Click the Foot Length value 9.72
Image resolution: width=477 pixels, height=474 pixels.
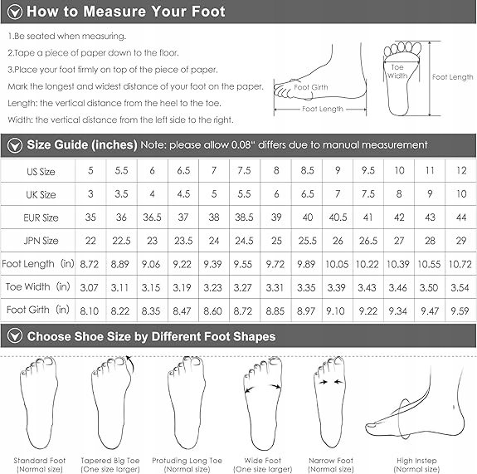click(275, 264)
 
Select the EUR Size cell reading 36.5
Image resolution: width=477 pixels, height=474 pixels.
click(152, 217)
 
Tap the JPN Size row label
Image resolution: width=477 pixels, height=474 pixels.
click(41, 241)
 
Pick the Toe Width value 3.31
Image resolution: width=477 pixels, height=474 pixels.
click(275, 287)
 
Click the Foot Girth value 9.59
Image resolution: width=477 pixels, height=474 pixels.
click(460, 310)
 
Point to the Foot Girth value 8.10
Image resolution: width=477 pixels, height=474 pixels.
click(89, 310)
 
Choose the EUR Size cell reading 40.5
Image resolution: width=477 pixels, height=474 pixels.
click(338, 217)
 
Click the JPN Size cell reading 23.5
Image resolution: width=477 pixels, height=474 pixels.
click(183, 241)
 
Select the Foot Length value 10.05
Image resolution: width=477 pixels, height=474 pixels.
click(337, 264)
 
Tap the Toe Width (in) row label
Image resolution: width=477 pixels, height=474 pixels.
click(37, 286)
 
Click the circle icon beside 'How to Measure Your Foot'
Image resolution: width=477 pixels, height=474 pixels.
click(15, 12)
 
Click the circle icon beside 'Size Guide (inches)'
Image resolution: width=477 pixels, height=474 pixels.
click(15, 145)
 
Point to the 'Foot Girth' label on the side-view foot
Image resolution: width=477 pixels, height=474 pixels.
click(311, 87)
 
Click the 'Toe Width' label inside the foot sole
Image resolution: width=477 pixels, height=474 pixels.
click(397, 71)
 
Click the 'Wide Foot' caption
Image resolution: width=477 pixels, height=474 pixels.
click(262, 460)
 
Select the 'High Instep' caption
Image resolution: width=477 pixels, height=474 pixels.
click(416, 461)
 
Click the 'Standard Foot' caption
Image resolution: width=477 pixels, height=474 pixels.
click(40, 460)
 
